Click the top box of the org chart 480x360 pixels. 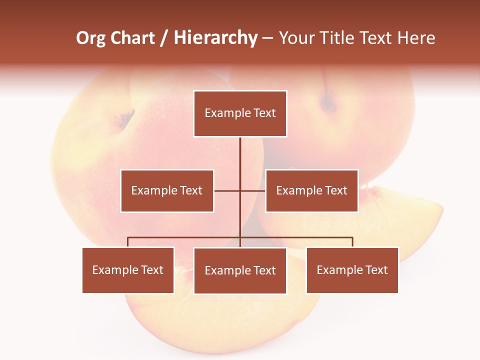pyautogui.click(x=240, y=113)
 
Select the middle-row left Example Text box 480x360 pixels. pyautogui.click(x=167, y=190)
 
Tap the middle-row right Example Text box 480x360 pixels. pyautogui.click(x=311, y=190)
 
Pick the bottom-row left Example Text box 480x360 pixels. pyautogui.click(x=128, y=270)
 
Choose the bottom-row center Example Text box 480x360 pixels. pyautogui.click(x=240, y=270)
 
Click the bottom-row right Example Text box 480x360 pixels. pyautogui.click(x=352, y=270)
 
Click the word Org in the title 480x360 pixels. pyautogui.click(x=90, y=38)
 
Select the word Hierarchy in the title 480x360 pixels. pyautogui.click(x=215, y=38)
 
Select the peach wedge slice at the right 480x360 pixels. pyautogui.click(x=400, y=220)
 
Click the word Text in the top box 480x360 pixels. pyautogui.click(x=264, y=113)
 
